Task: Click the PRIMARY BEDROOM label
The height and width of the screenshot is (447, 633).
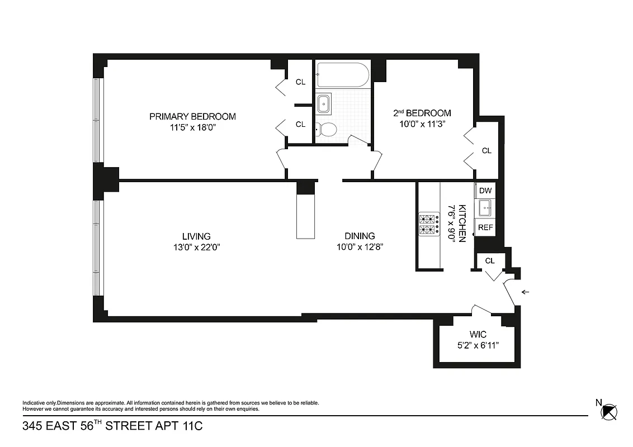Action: tap(192, 116)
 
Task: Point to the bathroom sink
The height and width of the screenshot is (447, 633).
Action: tap(324, 103)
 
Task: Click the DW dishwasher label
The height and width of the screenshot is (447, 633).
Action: tap(485, 191)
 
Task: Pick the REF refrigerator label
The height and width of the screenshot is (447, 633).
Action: tap(485, 227)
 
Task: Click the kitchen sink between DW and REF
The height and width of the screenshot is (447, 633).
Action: tap(484, 208)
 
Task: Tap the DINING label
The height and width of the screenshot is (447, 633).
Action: tap(360, 236)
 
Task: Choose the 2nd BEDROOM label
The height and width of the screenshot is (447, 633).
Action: tap(422, 113)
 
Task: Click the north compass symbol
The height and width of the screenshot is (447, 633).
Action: tap(608, 411)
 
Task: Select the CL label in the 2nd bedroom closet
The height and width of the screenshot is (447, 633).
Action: tap(486, 150)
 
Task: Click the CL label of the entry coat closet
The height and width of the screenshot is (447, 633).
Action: tap(490, 261)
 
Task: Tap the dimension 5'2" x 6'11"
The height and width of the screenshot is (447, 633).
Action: tap(478, 345)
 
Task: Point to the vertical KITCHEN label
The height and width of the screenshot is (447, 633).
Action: tap(462, 223)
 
